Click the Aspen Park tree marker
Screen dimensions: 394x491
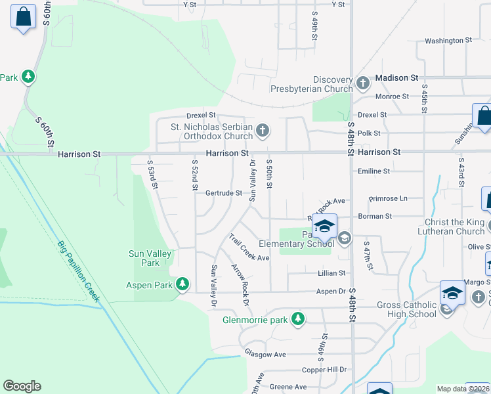point(182,284)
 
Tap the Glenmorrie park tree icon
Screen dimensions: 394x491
point(299,319)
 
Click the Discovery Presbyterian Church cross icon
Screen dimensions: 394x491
point(364,83)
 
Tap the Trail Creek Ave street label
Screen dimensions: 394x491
point(249,248)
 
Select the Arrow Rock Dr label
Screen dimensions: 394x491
point(240,284)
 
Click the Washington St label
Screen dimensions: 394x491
point(448,41)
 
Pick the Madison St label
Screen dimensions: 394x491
point(396,77)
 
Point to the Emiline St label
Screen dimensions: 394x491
point(374,171)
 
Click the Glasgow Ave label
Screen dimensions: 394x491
point(265,354)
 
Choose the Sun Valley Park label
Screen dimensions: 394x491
point(150,258)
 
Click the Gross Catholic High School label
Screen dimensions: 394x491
point(406,309)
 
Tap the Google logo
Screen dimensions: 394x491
point(22,386)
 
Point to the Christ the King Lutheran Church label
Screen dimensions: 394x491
point(454,227)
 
